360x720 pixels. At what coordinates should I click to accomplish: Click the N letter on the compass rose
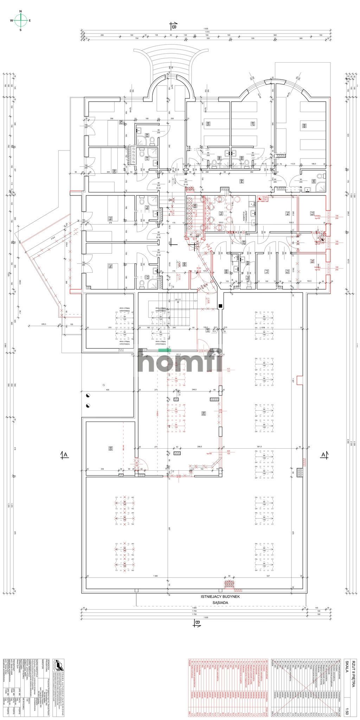(20, 12)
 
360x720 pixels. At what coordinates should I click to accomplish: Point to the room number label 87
(252, 124)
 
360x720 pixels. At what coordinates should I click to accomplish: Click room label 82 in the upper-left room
(121, 123)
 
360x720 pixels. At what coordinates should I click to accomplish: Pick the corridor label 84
(242, 181)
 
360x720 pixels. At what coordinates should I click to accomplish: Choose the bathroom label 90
(314, 182)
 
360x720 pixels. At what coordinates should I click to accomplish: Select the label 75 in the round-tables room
(221, 213)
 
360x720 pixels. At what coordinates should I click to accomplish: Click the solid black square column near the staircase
(220, 306)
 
